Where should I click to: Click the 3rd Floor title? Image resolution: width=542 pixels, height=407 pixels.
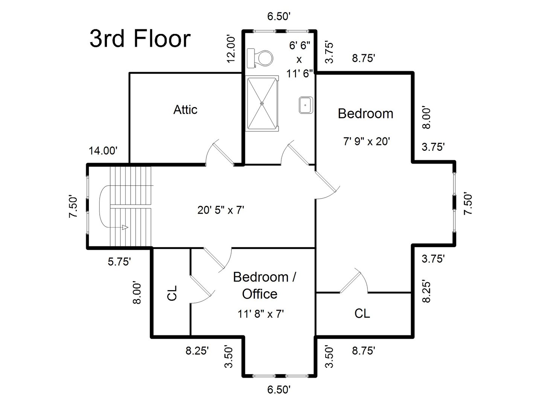coord(140,39)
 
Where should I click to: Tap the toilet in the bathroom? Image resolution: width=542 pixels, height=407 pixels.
coord(260,58)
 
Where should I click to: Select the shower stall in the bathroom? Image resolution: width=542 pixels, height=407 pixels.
coord(262,103)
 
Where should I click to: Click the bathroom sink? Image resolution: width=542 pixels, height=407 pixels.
coord(306,105)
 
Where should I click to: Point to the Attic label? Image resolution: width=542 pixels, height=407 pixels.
coord(185,110)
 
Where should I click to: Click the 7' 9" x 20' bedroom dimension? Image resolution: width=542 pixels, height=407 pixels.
coord(365,141)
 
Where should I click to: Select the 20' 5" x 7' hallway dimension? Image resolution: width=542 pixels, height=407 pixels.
coord(221,210)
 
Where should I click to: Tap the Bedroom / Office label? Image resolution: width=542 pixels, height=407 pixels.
coord(264,285)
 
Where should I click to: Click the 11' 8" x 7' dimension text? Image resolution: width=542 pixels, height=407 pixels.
coord(260,314)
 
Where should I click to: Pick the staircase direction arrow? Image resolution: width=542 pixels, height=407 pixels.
coord(124,227)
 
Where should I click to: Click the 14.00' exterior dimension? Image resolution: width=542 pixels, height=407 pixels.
coord(103,151)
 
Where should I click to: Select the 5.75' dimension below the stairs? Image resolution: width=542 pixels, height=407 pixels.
coord(119,262)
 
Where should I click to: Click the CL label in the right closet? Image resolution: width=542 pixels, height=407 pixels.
coord(362,313)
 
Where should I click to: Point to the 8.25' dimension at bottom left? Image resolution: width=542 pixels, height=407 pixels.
coord(197,351)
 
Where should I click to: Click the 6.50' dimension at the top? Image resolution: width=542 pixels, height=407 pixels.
coord(279,16)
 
